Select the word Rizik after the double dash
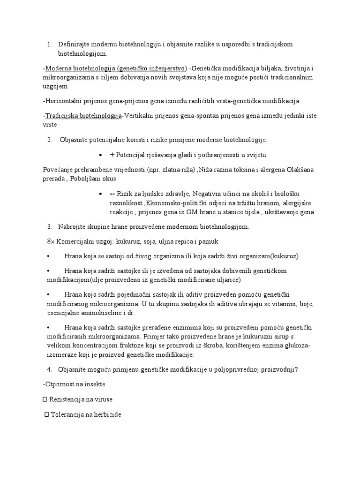pyautogui.click(x=127, y=194)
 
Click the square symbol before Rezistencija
pyautogui.click(x=45, y=399)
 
